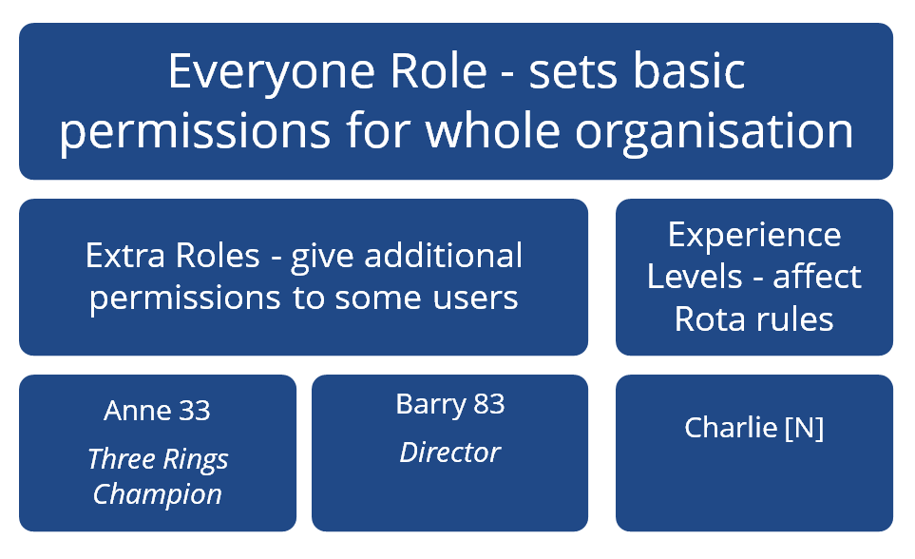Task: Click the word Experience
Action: [x=754, y=235]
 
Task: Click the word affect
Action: [x=817, y=277]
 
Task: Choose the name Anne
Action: [x=129, y=411]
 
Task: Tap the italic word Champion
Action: [x=158, y=494]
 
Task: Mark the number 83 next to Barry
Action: [x=487, y=404]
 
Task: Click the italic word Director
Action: [x=449, y=452]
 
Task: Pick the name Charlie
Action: [x=731, y=428]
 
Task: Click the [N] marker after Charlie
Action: [x=804, y=428]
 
